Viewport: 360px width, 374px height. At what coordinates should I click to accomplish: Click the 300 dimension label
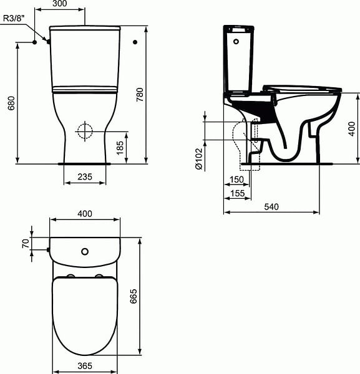[59, 3]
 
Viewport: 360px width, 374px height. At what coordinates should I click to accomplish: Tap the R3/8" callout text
[14, 18]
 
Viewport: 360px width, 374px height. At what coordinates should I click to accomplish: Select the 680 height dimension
[11, 103]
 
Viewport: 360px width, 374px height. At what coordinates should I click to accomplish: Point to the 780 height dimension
[140, 95]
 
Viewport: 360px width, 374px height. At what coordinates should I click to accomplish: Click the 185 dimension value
[120, 148]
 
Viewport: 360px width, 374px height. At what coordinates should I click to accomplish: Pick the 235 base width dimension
[85, 177]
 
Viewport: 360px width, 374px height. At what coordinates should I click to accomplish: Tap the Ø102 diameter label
[198, 159]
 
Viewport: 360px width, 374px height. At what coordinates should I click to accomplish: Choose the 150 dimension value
[236, 180]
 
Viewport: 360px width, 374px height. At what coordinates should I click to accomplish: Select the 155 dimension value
[238, 193]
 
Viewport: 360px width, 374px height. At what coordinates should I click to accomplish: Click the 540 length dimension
[271, 206]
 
